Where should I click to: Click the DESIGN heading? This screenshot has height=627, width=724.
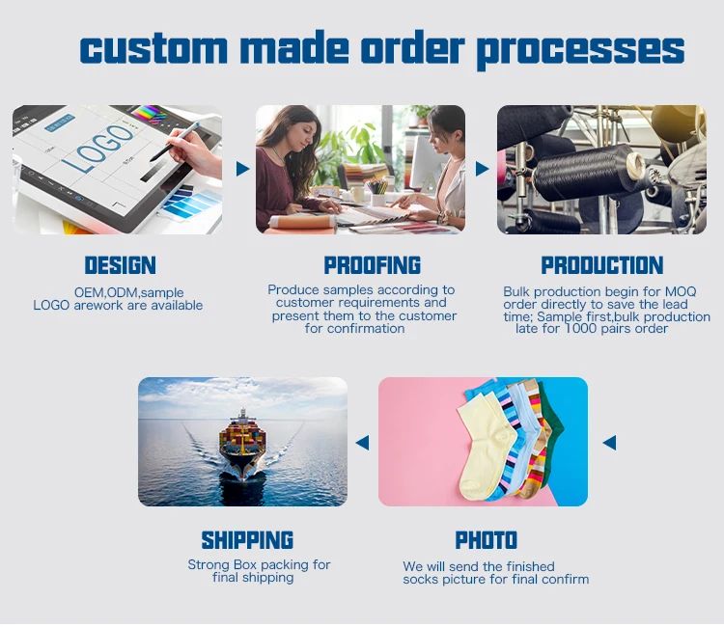tap(120, 265)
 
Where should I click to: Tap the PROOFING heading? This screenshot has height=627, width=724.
tap(373, 265)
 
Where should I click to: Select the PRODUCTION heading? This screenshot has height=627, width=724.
tap(601, 265)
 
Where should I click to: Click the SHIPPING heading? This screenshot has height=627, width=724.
tap(247, 540)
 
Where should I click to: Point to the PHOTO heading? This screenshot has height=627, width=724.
tap(486, 540)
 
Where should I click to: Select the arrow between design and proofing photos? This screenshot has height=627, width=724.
tap(242, 169)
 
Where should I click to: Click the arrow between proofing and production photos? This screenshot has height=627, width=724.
tap(482, 169)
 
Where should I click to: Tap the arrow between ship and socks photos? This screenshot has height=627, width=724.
tap(362, 443)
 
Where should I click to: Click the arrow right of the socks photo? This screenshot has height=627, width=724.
tap(609, 443)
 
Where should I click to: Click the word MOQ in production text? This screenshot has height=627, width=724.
tap(681, 291)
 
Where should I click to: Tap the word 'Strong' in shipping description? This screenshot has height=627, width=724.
tap(209, 565)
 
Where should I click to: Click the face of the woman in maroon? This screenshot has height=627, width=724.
tap(290, 130)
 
